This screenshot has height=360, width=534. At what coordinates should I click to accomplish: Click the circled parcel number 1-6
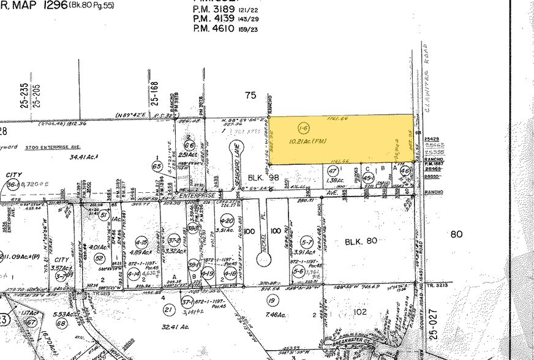[x=302, y=127]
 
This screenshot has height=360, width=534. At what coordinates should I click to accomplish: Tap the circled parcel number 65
[x=156, y=166]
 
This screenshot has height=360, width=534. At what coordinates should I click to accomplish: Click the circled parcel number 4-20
[x=227, y=220]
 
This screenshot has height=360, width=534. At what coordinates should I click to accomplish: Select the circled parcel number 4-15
[x=142, y=241]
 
